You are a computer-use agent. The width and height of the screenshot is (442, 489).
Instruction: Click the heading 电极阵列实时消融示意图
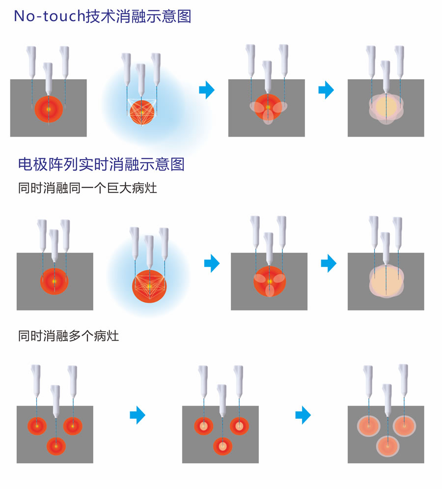(x=101, y=164)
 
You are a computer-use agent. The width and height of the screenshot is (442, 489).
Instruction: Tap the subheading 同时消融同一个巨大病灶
(x=87, y=188)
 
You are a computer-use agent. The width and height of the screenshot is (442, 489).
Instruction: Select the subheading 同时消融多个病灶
(x=68, y=337)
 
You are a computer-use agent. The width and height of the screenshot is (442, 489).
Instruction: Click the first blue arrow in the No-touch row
(x=207, y=90)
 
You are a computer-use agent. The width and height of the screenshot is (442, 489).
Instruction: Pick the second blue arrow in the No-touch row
(x=326, y=90)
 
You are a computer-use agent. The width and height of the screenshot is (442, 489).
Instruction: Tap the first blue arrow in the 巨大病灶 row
(x=212, y=263)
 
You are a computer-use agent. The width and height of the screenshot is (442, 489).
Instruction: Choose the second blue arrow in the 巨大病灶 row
(x=329, y=263)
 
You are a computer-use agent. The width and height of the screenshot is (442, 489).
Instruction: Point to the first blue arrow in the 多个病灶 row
(x=138, y=416)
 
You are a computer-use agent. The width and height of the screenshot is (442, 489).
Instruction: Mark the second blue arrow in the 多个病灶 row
(x=303, y=416)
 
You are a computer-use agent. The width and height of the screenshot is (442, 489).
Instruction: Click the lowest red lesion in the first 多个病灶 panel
(x=56, y=446)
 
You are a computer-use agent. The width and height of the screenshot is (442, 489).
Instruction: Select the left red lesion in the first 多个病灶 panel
(x=36, y=426)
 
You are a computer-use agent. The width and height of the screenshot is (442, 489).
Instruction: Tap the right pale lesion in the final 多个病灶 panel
(x=405, y=426)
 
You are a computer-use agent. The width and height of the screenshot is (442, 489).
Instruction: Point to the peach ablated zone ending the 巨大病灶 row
(x=386, y=282)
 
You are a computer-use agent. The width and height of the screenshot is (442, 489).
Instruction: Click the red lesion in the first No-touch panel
(x=49, y=110)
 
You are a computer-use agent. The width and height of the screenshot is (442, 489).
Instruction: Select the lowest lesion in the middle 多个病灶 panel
(x=222, y=446)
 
